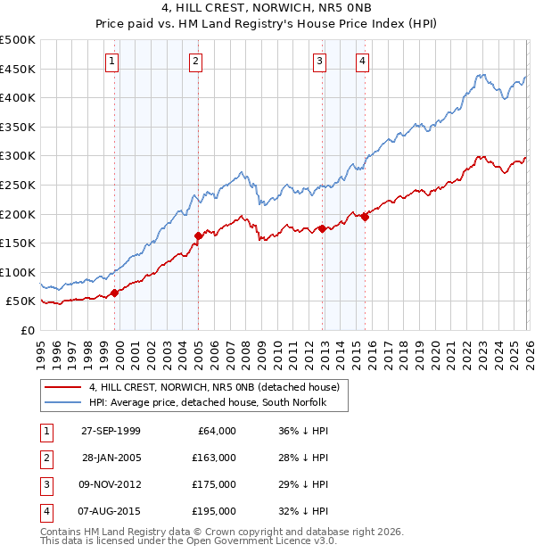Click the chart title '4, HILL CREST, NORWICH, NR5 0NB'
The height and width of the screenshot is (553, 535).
(x=267, y=9)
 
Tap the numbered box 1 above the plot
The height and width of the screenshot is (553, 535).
(x=112, y=61)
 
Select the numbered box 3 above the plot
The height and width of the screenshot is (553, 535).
(x=319, y=61)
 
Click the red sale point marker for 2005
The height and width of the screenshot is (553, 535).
(x=198, y=235)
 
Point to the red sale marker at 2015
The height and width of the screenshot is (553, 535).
(x=365, y=217)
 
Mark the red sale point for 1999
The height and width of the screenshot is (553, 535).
(x=114, y=293)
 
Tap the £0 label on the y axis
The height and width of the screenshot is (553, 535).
(x=27, y=330)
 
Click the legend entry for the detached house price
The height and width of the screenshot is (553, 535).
(x=214, y=388)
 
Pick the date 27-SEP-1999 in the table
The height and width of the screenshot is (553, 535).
(x=111, y=431)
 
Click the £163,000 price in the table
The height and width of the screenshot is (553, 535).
(x=213, y=458)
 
